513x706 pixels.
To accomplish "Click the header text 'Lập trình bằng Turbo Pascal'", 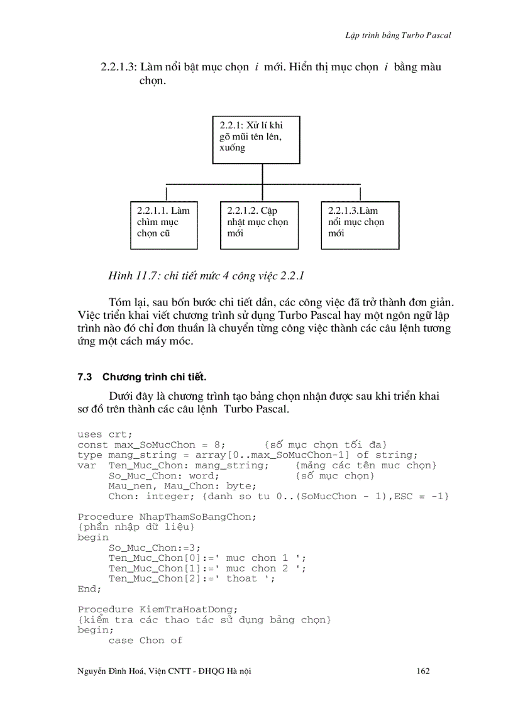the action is [398, 35].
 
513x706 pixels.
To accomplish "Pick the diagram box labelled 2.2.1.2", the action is [259, 225].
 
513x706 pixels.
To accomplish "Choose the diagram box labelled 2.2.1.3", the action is [360, 225].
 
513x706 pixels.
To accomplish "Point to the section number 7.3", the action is [85, 377].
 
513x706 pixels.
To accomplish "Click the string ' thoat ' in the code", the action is [241, 578].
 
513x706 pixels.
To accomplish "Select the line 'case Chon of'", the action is [145, 640].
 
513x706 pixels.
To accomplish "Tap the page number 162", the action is [423, 671].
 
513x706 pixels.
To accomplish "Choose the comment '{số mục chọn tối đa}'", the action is [326, 445].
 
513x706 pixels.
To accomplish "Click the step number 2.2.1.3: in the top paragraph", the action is [118, 67].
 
